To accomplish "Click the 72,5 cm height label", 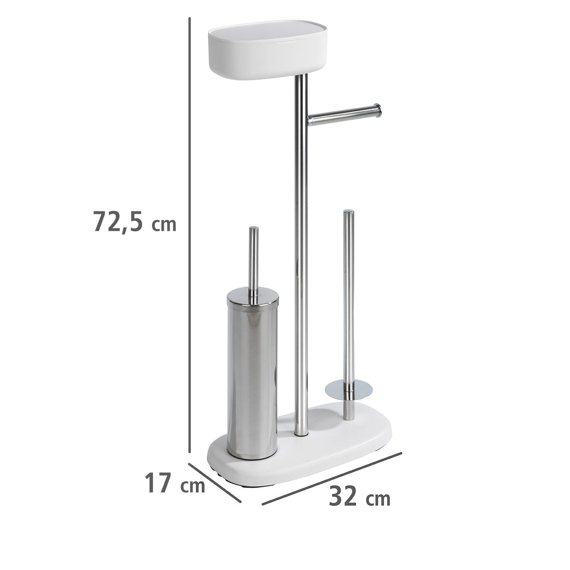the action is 134,221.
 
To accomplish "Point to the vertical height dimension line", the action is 190,239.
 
